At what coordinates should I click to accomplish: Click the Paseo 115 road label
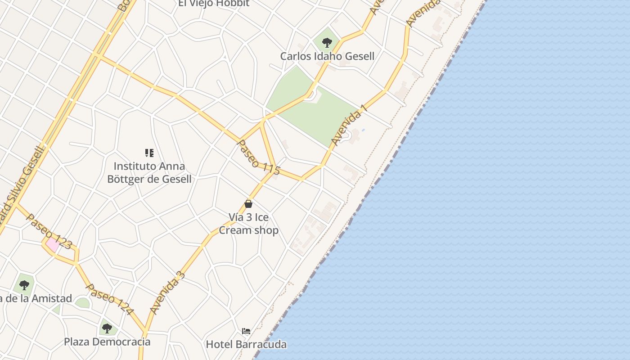[x=258, y=157]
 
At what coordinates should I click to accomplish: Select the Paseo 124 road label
[x=110, y=299]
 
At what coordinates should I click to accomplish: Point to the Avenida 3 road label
[x=167, y=293]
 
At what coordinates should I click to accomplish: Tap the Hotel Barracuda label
[x=246, y=345]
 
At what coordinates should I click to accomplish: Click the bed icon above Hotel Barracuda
[x=246, y=331]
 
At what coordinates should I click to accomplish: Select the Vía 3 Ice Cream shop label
[x=248, y=224]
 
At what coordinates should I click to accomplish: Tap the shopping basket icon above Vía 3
[x=248, y=204]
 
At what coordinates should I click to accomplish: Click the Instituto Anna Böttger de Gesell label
[x=149, y=172]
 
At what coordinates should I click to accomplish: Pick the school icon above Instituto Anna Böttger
[x=149, y=153]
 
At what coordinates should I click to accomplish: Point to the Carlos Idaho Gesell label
[x=327, y=56]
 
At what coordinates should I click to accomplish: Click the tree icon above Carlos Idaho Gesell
[x=327, y=43]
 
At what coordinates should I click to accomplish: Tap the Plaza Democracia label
[x=107, y=342]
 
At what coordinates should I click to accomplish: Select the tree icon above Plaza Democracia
[x=107, y=328]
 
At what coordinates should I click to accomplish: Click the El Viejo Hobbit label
[x=214, y=4]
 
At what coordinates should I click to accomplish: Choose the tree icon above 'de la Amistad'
[x=24, y=285]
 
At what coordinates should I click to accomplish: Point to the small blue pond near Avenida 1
[x=363, y=130]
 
